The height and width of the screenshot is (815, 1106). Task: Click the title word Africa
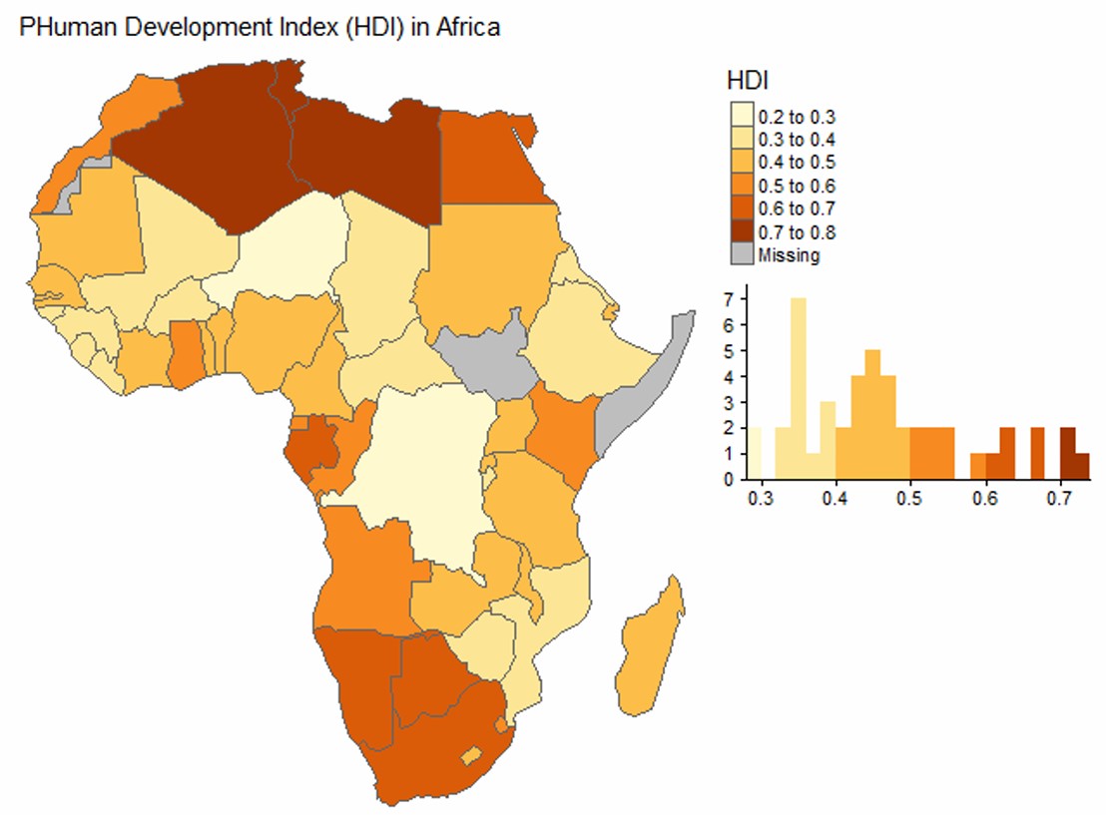(x=467, y=28)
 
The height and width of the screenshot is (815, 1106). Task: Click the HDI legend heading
(x=747, y=81)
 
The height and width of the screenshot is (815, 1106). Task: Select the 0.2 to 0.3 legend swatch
(x=742, y=114)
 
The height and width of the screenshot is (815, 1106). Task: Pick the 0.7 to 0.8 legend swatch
(x=742, y=231)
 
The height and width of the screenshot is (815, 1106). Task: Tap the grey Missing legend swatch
(x=742, y=253)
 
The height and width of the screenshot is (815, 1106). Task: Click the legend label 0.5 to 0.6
(x=797, y=187)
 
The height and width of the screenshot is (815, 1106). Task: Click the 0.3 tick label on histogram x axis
(x=761, y=499)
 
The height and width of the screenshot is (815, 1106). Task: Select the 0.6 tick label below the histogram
(x=984, y=499)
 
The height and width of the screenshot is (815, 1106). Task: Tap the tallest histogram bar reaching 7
(x=799, y=388)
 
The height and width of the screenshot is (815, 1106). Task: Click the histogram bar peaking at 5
(x=872, y=415)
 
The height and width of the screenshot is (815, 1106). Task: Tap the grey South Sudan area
(x=487, y=359)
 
